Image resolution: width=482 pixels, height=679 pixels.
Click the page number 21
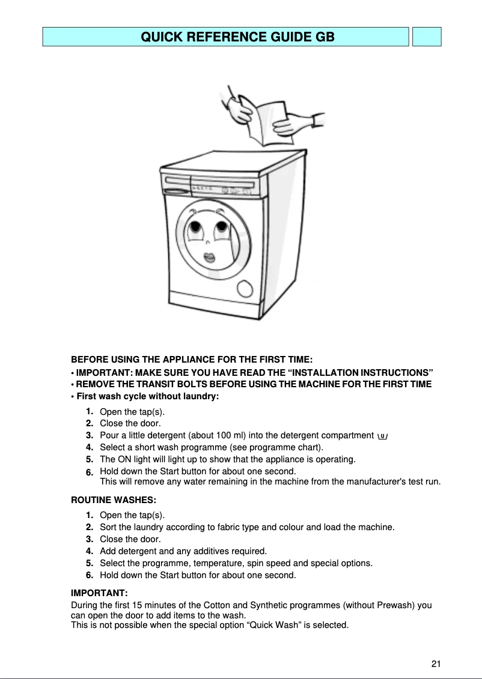point(436,663)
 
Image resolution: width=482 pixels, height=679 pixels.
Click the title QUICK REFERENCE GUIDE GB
point(237,37)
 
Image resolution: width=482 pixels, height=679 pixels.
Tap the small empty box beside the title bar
point(427,37)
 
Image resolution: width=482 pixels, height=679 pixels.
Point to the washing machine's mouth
point(210,258)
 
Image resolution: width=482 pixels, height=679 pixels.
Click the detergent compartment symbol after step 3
point(382,436)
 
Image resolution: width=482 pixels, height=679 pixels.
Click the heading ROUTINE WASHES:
point(110,499)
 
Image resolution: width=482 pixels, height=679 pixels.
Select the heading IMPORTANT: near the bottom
point(99,594)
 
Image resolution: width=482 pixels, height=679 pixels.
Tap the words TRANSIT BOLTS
point(191,384)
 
